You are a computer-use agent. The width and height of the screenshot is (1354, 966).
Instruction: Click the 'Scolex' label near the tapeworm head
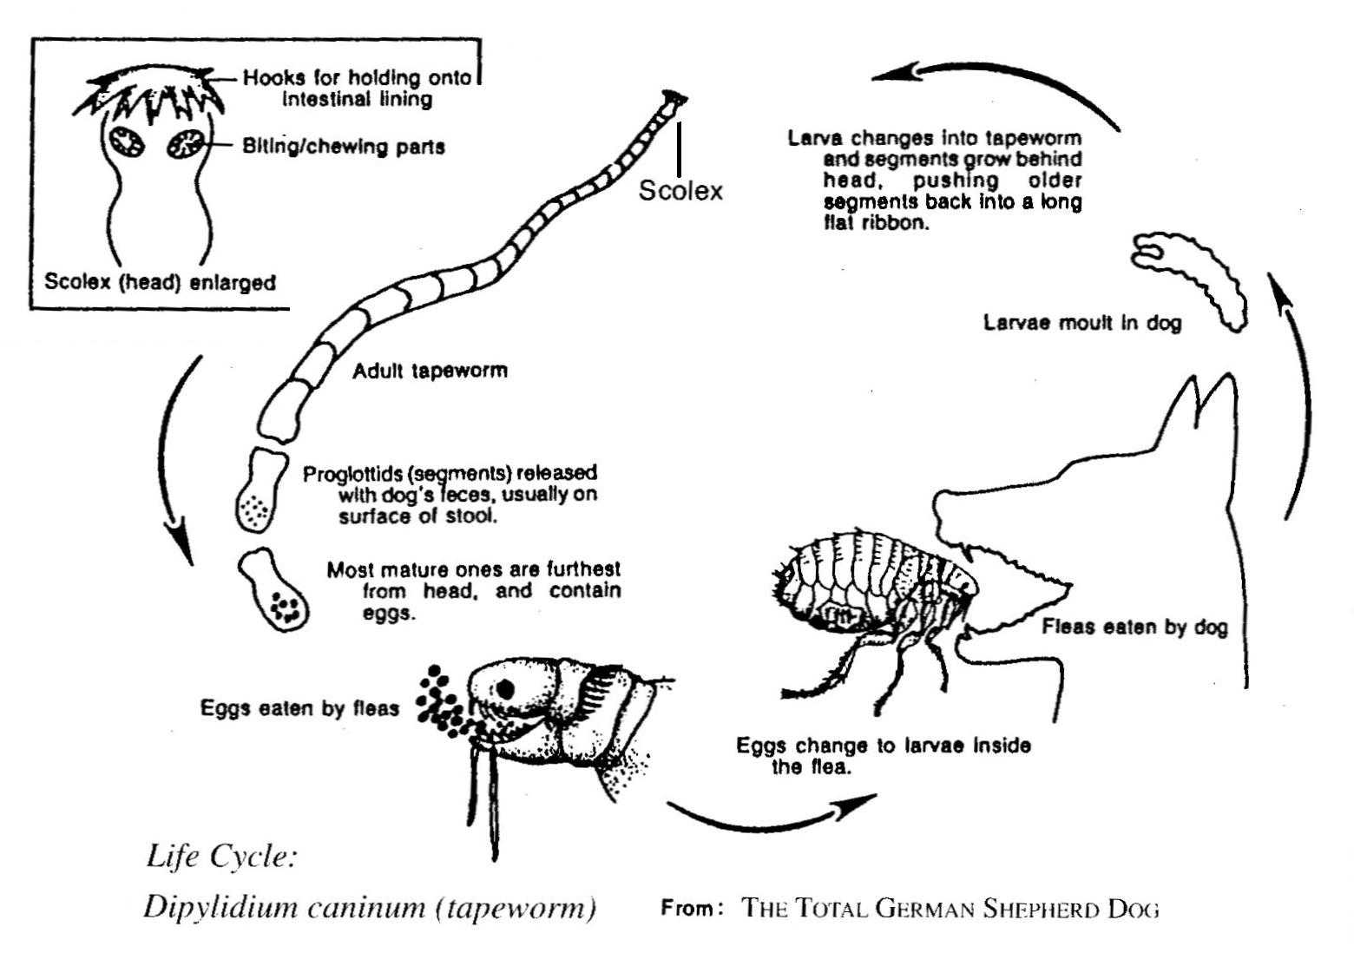pos(680,190)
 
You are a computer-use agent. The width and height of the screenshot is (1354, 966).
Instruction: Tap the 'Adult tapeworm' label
pos(430,371)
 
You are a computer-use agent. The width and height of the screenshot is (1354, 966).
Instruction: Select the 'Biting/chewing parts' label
pos(344,147)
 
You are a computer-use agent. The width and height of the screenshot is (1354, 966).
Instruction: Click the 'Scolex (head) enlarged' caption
pos(161,282)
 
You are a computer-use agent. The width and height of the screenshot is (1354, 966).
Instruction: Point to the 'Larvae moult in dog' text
pos(1082,323)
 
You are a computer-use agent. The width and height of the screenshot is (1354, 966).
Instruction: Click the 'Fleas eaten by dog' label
pos(1135,627)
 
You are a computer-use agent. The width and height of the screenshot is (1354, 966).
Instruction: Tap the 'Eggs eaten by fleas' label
pos(299,708)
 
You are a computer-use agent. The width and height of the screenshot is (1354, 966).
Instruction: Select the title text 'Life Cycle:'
pos(222,857)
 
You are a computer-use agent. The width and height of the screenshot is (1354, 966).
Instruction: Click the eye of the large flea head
pos(505,688)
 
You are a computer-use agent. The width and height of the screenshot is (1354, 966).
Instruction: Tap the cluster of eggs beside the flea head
pos(441,703)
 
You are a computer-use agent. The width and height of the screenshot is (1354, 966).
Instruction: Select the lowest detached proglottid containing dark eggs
pos(275,590)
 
